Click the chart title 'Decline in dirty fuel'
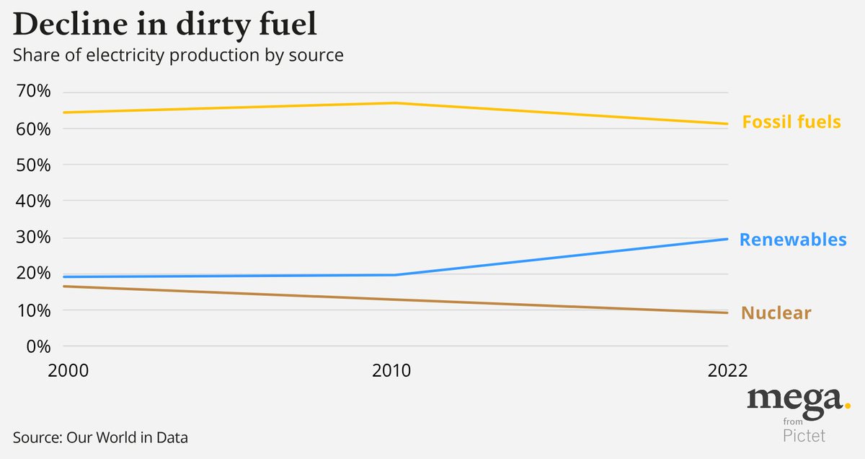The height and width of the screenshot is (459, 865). coord(165,25)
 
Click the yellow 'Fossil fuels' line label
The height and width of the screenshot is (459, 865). coord(791,122)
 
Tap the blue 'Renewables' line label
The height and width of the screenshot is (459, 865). coord(793,240)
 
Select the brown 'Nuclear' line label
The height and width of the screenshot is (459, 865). coord(776,313)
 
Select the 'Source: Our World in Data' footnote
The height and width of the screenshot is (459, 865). coord(100,437)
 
